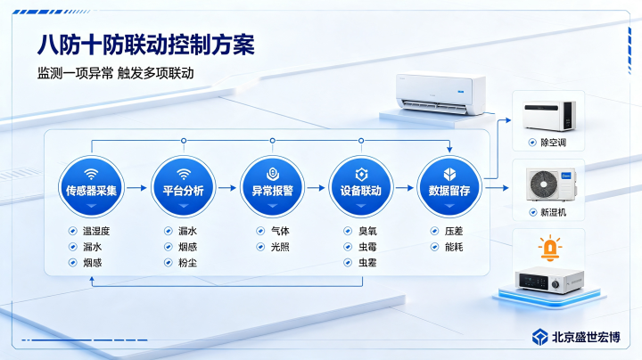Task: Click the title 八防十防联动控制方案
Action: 145,45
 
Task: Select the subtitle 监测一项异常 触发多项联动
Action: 115,73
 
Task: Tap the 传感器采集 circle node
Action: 91,186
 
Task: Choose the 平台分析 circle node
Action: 184,186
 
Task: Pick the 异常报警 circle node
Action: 272,186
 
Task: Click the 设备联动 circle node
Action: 361,186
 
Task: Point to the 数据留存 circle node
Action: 449,186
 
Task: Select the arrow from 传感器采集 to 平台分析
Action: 136,188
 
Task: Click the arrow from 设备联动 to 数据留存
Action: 405,188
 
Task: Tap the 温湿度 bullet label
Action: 96,231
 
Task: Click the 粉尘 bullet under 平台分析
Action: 187,263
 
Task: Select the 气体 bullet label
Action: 280,231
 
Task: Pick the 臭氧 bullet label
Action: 367,231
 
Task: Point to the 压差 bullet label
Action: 454,231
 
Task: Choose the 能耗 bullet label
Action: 454,247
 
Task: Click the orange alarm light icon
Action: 549,248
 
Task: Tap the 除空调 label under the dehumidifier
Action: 553,143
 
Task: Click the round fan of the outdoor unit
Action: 544,184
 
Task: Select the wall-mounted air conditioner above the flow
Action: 440,94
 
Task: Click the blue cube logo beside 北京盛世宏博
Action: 540,337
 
